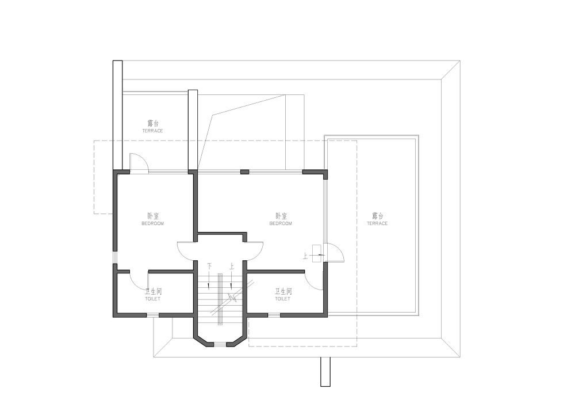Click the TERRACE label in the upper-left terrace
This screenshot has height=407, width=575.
[152, 131]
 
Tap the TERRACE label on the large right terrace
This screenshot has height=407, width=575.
[377, 223]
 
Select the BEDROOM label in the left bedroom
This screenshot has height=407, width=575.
[152, 223]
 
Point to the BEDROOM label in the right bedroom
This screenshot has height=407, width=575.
[281, 223]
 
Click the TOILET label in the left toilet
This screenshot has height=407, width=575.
[152, 299]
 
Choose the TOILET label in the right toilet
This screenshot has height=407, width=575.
[283, 299]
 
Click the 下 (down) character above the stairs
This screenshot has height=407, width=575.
[209, 266]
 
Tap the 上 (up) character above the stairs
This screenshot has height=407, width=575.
[231, 266]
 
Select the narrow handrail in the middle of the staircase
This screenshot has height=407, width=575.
[220, 299]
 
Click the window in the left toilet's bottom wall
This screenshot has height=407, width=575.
[152, 315]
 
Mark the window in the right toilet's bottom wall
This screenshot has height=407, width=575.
[274, 315]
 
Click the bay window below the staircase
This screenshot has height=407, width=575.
[220, 344]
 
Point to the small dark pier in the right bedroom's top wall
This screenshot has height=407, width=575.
[244, 172]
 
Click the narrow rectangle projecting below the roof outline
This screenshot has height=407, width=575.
[325, 372]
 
